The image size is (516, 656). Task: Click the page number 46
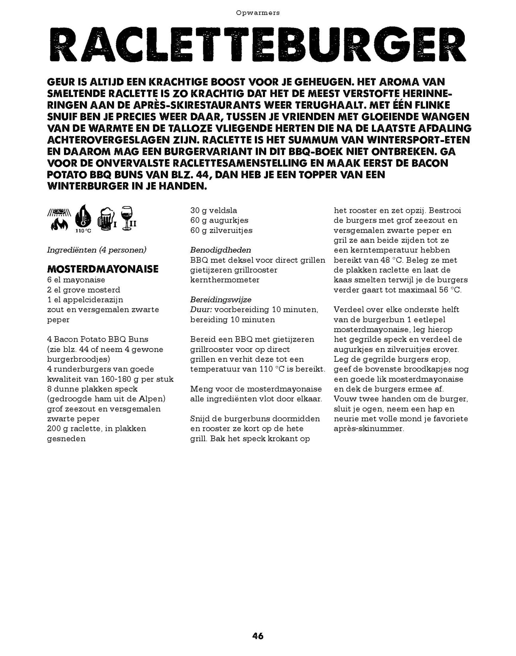pos(258,636)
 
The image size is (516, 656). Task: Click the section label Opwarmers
pos(258,13)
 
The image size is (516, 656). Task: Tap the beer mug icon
pos(106,218)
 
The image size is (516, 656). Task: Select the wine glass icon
pos(126,218)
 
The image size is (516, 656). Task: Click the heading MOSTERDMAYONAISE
pos(103,269)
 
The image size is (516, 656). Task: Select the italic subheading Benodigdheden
pos(221,250)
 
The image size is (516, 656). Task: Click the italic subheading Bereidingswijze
pos(221,299)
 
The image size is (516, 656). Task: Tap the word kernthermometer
pos(225,280)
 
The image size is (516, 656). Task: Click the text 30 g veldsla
pos(214,210)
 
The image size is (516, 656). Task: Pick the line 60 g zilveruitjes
pos(221,230)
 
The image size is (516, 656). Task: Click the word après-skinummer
pos(369,428)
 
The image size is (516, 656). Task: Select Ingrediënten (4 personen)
pos(97,250)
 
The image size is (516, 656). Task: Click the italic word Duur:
pos(201,309)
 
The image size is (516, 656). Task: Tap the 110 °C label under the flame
pos(83,231)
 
